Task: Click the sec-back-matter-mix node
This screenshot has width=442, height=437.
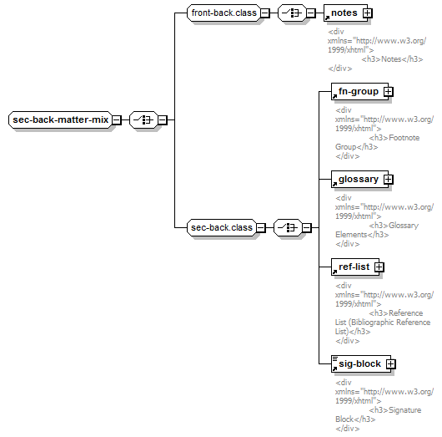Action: pos(60,119)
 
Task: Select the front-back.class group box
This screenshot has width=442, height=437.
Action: pos(224,13)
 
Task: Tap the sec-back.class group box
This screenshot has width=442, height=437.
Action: pos(222,227)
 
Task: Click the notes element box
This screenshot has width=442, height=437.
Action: pos(345,13)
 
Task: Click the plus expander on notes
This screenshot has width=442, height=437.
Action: pos(368,13)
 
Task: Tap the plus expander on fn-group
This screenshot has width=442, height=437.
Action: pos(388,92)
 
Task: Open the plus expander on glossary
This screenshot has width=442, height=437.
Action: pos(388,179)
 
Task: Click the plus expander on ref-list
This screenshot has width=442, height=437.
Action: pos(379,267)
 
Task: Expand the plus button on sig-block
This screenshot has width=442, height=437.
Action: pos(390,363)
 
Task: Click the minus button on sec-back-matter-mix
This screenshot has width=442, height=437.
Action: pos(117,119)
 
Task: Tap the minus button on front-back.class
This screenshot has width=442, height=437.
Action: pos(265,13)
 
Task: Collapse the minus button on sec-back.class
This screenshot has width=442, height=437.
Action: pos(261,227)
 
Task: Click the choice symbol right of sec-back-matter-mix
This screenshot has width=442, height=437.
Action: pos(143,119)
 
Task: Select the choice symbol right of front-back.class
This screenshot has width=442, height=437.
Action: pos(292,13)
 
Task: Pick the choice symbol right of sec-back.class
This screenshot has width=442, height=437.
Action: pos(288,227)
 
